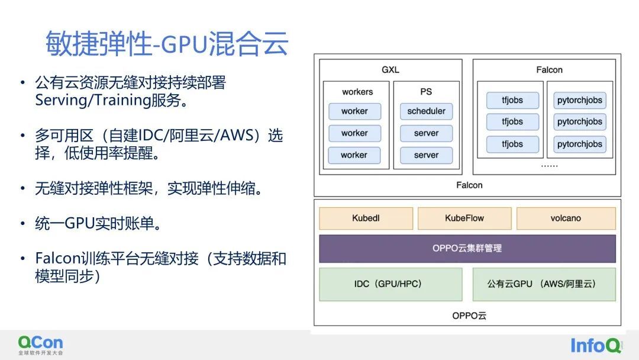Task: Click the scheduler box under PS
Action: coord(426,111)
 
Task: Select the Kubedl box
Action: coord(366,218)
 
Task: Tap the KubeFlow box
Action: coord(464,218)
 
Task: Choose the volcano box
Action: coord(566,218)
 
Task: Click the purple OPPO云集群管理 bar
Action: coord(467,248)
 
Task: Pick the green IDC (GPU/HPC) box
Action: coord(391,284)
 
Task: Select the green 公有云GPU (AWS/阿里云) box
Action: coord(544,284)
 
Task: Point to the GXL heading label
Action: coord(390,70)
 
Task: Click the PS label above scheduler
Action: coord(426,92)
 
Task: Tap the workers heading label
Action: coord(357,92)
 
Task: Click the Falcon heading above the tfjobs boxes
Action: coord(549,70)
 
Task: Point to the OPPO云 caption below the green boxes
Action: coord(469,316)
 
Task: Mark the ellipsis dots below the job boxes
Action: coord(549,166)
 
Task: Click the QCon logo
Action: coord(40,345)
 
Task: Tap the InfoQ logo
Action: coord(596,345)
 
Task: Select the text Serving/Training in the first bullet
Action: coord(93,100)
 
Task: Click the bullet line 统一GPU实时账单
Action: coord(98,223)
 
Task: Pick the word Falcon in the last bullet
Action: coord(57,259)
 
